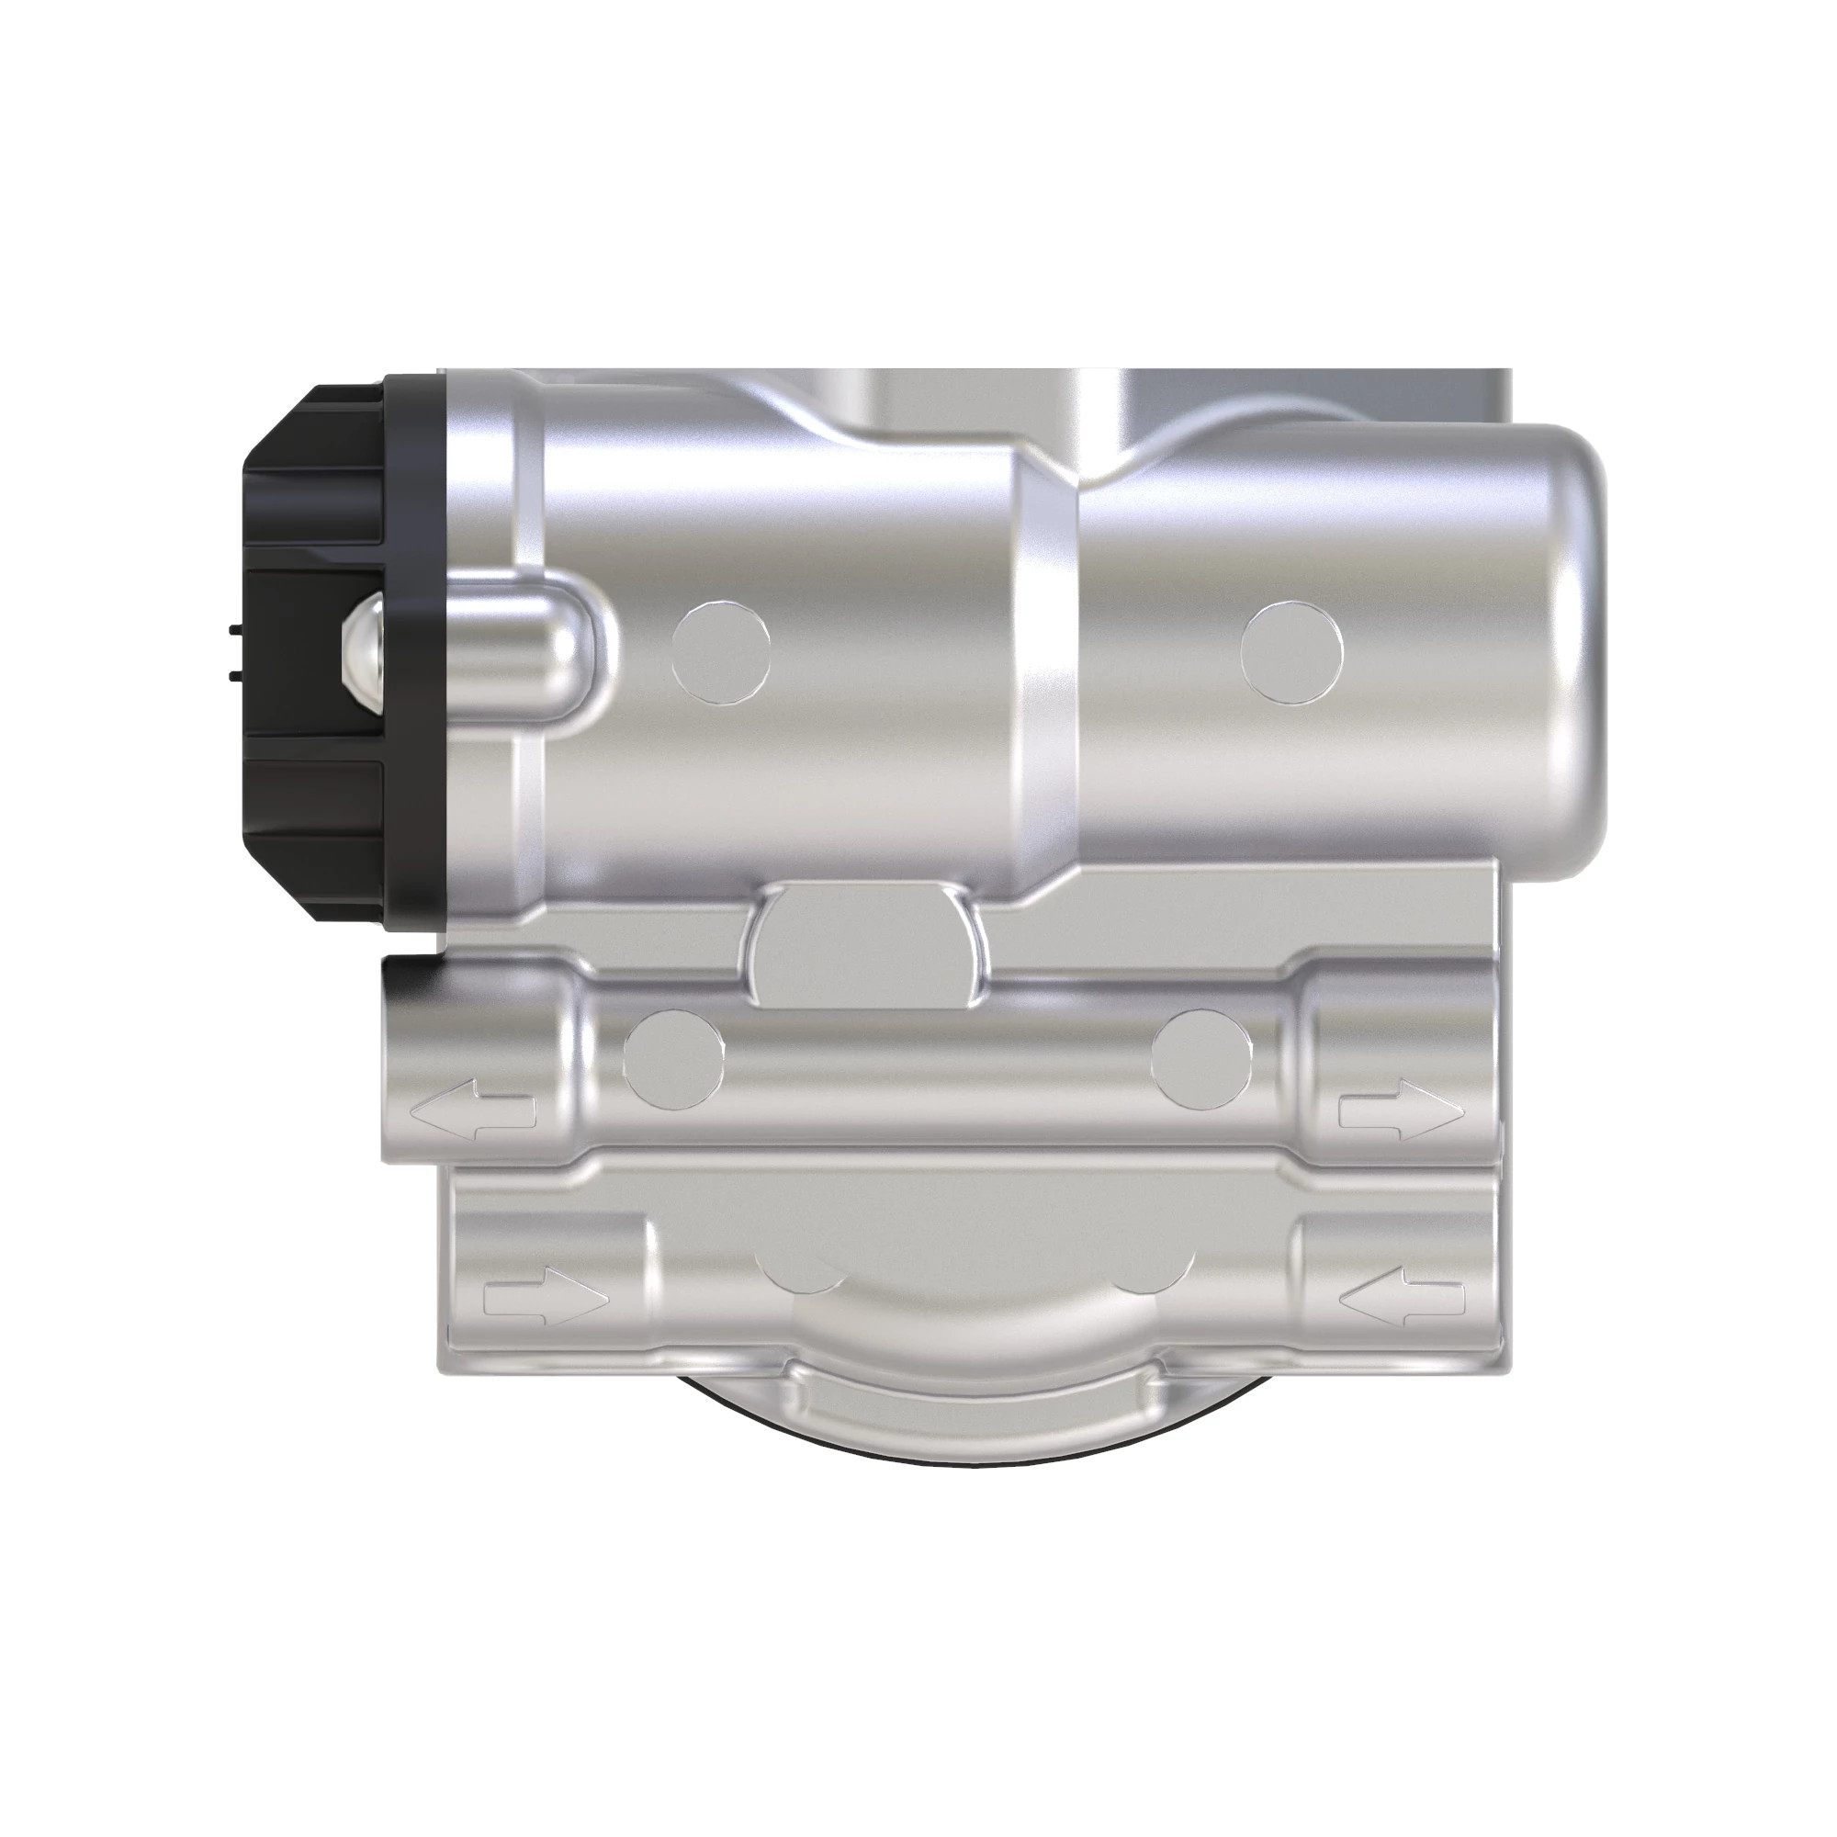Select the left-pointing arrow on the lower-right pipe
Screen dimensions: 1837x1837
click(1401, 1295)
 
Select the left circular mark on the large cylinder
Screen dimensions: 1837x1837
click(721, 652)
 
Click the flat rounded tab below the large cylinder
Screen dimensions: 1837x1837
click(866, 944)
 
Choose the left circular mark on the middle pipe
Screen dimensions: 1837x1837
click(672, 1058)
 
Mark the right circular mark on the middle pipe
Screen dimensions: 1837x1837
click(1200, 1058)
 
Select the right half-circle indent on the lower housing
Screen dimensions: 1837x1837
click(1151, 1275)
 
